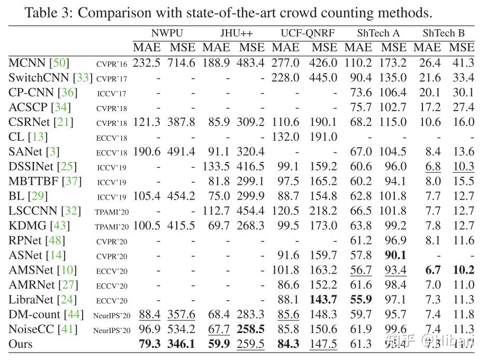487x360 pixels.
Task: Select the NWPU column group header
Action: coord(164,33)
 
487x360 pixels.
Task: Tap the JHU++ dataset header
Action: coord(233,33)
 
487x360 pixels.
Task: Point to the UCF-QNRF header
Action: coord(304,33)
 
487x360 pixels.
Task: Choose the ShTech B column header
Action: coord(443,33)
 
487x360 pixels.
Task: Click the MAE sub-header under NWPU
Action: coord(147,48)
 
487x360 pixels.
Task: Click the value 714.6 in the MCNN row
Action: coord(182,63)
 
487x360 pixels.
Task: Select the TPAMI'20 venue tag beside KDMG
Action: coord(112,227)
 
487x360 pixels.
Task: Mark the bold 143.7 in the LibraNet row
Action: coord(323,300)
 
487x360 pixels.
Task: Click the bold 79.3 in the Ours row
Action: coord(149,344)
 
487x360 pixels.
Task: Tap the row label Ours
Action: coord(21,344)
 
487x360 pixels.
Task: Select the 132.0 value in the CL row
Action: coord(286,137)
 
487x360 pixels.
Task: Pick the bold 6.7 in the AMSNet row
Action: coord(432,270)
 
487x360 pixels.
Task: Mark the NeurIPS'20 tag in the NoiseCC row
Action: coord(112,330)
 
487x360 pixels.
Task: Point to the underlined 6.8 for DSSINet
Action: coord(432,167)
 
